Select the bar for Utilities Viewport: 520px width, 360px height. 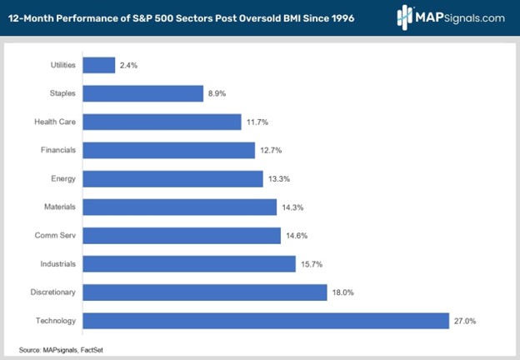tap(99, 65)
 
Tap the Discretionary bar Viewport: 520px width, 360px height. tap(204, 292)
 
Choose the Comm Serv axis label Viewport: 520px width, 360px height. tap(57, 235)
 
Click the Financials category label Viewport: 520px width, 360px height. tap(57, 150)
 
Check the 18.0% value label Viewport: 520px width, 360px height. tap(344, 292)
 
